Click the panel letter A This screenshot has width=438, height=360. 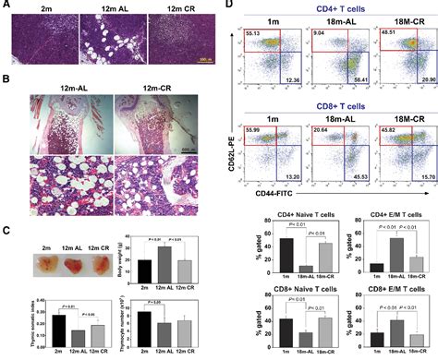[x=6, y=6]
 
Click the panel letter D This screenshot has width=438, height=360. [x=229, y=6]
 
